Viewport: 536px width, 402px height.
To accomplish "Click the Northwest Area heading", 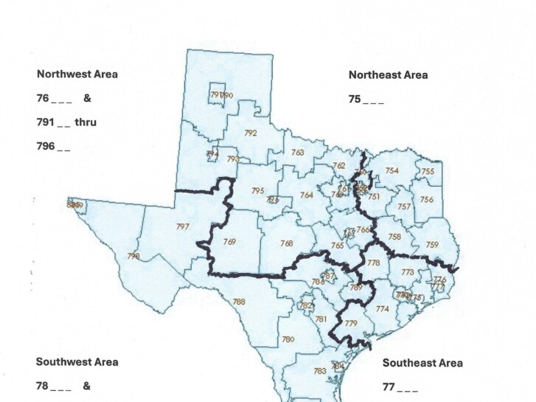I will (77, 74).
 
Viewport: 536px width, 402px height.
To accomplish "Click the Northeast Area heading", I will (388, 74).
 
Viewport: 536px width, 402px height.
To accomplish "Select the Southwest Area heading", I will (77, 362).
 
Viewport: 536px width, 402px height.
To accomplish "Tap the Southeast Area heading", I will (422, 363).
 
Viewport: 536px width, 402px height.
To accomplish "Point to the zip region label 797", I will (183, 226).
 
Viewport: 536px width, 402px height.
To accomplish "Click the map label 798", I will (133, 256).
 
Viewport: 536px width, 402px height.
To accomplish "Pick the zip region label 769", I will (229, 242).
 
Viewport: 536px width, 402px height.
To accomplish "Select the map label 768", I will (286, 243).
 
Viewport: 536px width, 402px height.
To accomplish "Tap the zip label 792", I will (251, 134).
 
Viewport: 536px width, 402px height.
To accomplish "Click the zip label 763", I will (298, 153).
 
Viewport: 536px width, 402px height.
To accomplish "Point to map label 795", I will (257, 191).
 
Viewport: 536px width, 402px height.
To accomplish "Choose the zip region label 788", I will (239, 301).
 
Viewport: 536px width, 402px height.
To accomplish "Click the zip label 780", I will (288, 339).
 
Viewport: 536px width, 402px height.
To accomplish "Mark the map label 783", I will (320, 371).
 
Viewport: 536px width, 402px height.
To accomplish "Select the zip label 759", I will (432, 244).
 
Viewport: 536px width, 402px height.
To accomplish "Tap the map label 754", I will (391, 170).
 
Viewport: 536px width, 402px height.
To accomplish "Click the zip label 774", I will (382, 309).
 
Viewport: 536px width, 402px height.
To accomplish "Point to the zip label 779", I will (351, 324).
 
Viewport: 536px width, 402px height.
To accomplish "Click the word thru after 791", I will (86, 122).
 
